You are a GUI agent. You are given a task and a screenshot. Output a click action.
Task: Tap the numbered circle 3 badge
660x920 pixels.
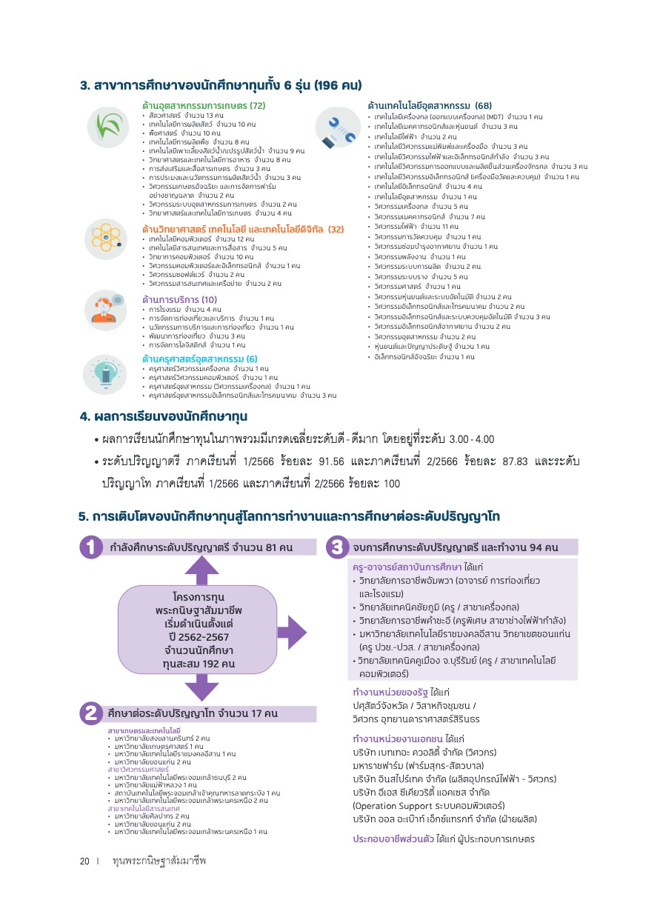(x=336, y=547)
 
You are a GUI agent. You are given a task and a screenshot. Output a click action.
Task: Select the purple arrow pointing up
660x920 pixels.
(x=197, y=570)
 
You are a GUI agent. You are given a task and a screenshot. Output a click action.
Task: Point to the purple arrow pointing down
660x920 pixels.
(x=197, y=687)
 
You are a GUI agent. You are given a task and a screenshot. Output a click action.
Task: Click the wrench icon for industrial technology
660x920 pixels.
(x=337, y=127)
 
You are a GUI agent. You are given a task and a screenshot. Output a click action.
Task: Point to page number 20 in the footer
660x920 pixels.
(x=85, y=861)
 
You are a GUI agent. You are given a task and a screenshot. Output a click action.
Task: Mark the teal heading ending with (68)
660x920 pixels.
(x=430, y=105)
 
